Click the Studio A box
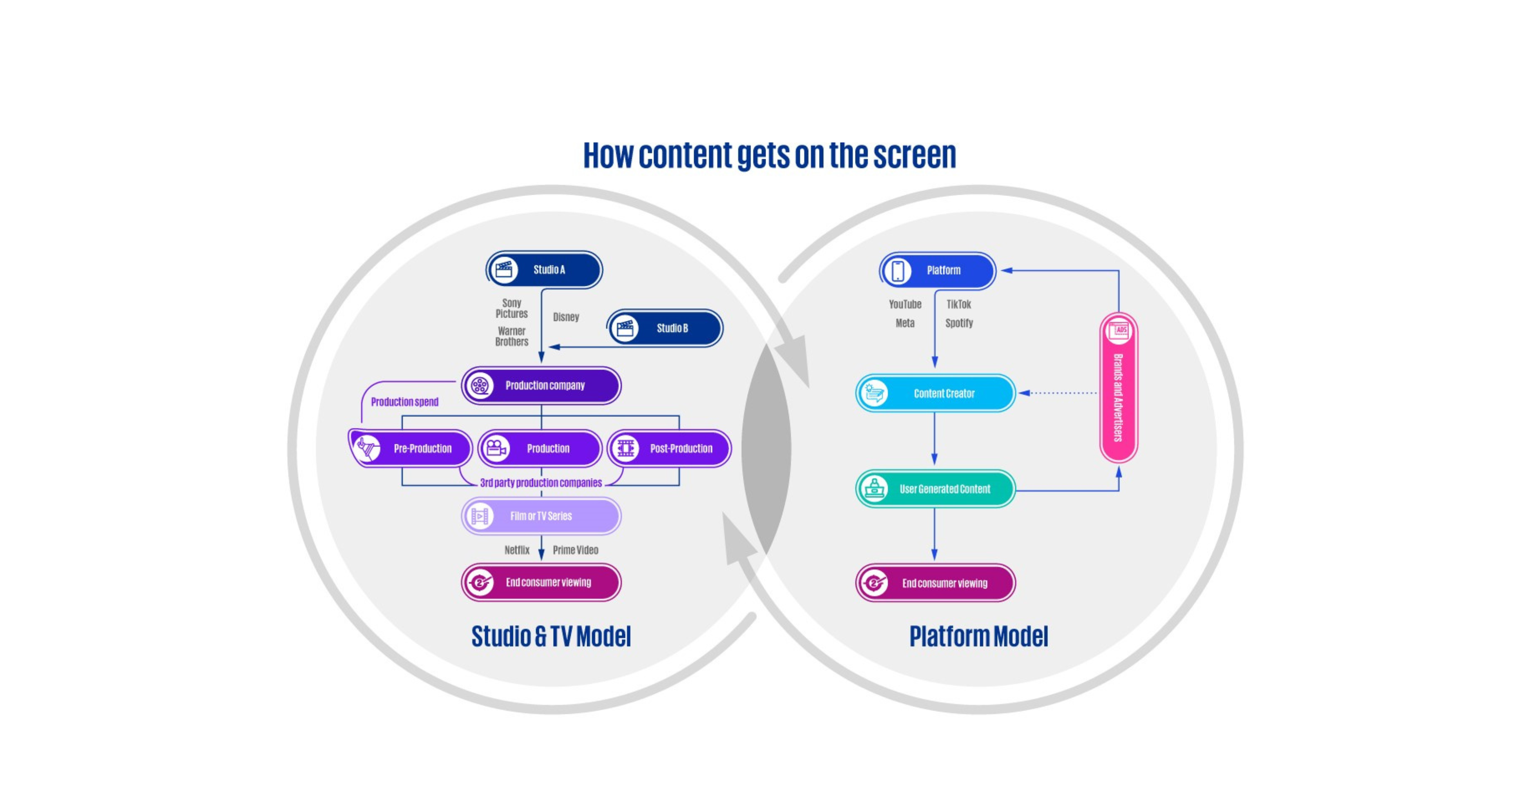tap(544, 270)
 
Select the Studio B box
tap(665, 328)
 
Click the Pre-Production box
tap(410, 448)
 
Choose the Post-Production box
tap(670, 448)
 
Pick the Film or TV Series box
tap(541, 516)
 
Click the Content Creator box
tap(936, 393)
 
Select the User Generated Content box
tap(936, 488)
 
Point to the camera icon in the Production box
tap(496, 448)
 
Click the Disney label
tap(565, 317)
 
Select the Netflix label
tap(516, 550)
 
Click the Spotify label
tap(959, 323)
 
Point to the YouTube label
tap(904, 304)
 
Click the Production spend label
tap(404, 402)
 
